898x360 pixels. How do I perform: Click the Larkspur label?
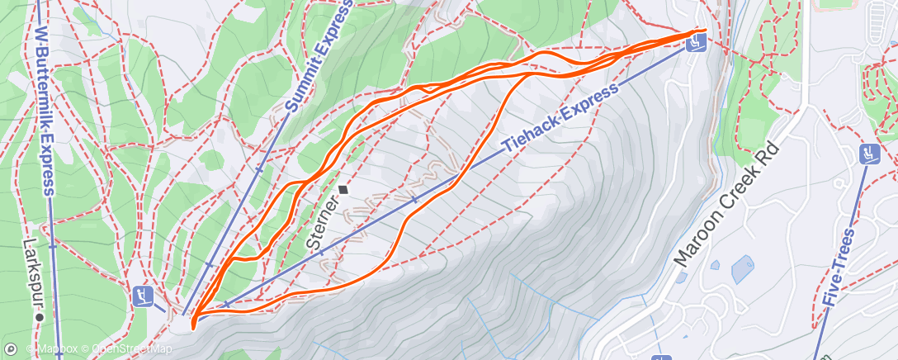point(33,273)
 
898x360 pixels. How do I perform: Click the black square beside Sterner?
point(343,189)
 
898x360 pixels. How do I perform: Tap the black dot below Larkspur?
point(39,315)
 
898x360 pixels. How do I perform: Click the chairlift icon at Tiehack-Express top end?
point(697,44)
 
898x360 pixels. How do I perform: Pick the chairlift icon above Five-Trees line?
point(867,153)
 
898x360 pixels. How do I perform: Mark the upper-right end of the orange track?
point(706,30)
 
